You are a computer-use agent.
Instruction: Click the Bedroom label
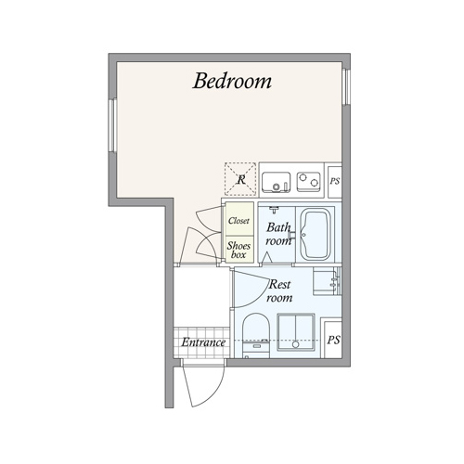232,81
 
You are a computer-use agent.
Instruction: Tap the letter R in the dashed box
241,179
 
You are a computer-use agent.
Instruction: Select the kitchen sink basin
277,182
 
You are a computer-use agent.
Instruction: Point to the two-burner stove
308,182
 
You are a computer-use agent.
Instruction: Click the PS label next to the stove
335,181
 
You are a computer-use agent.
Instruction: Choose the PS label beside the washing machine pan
333,340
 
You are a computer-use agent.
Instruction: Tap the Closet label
238,221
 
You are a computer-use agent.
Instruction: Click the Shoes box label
238,250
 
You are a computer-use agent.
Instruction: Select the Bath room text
278,234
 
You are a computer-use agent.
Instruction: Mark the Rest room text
279,290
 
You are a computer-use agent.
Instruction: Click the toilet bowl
256,328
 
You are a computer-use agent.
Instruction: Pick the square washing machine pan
296,332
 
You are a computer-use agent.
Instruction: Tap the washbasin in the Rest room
326,282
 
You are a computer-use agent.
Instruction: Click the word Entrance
203,342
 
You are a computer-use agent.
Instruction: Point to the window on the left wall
113,125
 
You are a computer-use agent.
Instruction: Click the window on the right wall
347,87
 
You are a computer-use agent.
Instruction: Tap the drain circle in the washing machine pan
296,344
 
